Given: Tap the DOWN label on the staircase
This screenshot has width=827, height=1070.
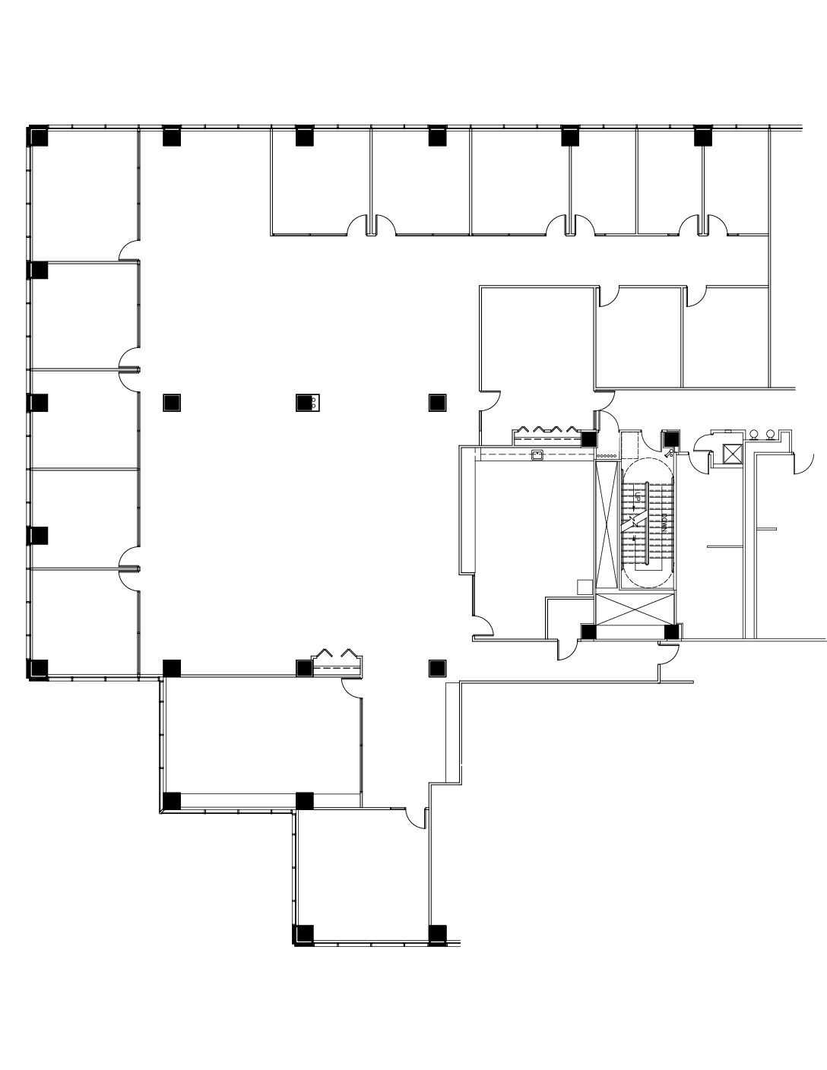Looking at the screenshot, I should [x=664, y=524].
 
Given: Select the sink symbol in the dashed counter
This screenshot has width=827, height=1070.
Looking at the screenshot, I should [x=537, y=456].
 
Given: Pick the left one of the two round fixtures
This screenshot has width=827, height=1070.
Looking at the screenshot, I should [x=754, y=435].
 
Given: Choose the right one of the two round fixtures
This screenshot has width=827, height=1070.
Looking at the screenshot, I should [x=771, y=435].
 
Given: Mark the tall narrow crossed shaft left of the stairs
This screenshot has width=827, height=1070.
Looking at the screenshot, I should [x=607, y=524].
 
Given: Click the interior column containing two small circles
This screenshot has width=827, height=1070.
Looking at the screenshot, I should [x=306, y=402].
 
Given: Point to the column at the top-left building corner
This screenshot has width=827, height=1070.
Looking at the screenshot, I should [x=38, y=137].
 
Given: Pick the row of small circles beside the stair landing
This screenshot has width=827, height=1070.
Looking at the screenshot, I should [x=607, y=455].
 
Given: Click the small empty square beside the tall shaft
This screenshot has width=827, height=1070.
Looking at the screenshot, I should [x=584, y=587].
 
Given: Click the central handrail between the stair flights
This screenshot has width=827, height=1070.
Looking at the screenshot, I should [x=646, y=524].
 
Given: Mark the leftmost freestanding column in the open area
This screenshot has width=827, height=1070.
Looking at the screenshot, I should [x=172, y=402].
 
